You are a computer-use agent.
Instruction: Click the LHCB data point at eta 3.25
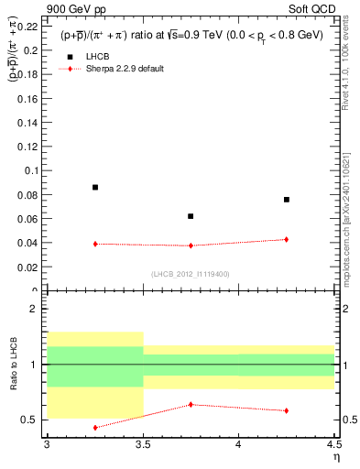point(95,187)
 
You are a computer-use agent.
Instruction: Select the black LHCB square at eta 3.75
point(191,216)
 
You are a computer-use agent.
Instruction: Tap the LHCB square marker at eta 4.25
point(287,200)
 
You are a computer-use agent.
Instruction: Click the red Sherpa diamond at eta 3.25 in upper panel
point(95,244)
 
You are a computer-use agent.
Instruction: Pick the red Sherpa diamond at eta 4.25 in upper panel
point(287,239)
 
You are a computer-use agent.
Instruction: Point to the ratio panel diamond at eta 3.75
point(191,404)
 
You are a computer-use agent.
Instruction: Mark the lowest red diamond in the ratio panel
point(95,427)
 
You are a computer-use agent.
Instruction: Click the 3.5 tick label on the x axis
point(143,444)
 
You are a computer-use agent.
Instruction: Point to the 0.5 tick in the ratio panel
point(32,420)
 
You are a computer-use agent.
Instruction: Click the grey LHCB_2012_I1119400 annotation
point(191,273)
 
